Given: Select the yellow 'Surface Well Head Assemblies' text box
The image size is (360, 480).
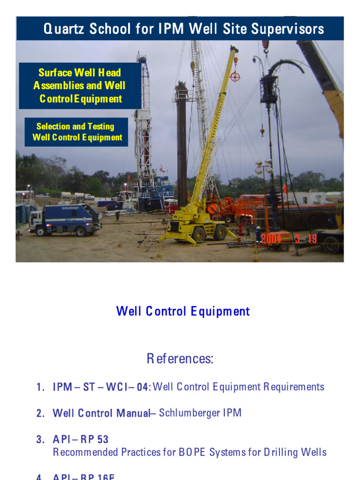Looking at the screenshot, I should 79,86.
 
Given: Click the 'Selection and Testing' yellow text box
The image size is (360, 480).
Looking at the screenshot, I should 76,132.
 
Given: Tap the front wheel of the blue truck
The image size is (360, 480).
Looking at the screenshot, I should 41,231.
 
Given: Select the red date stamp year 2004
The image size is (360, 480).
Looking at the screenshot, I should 271,239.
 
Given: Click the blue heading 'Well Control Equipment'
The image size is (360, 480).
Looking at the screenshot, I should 183,311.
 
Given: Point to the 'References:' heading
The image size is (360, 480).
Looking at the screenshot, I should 180,359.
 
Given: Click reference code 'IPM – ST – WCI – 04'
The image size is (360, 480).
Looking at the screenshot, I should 101,387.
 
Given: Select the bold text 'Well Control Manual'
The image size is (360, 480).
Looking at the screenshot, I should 101,413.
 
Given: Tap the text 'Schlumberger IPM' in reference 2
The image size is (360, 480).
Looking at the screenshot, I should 200,413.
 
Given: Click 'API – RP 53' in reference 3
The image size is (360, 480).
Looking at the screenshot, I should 81,439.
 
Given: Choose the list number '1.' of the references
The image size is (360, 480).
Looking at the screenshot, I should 40,387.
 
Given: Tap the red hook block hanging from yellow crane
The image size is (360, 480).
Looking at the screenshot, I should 235,76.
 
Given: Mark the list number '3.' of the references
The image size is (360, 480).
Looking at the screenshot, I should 40,439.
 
